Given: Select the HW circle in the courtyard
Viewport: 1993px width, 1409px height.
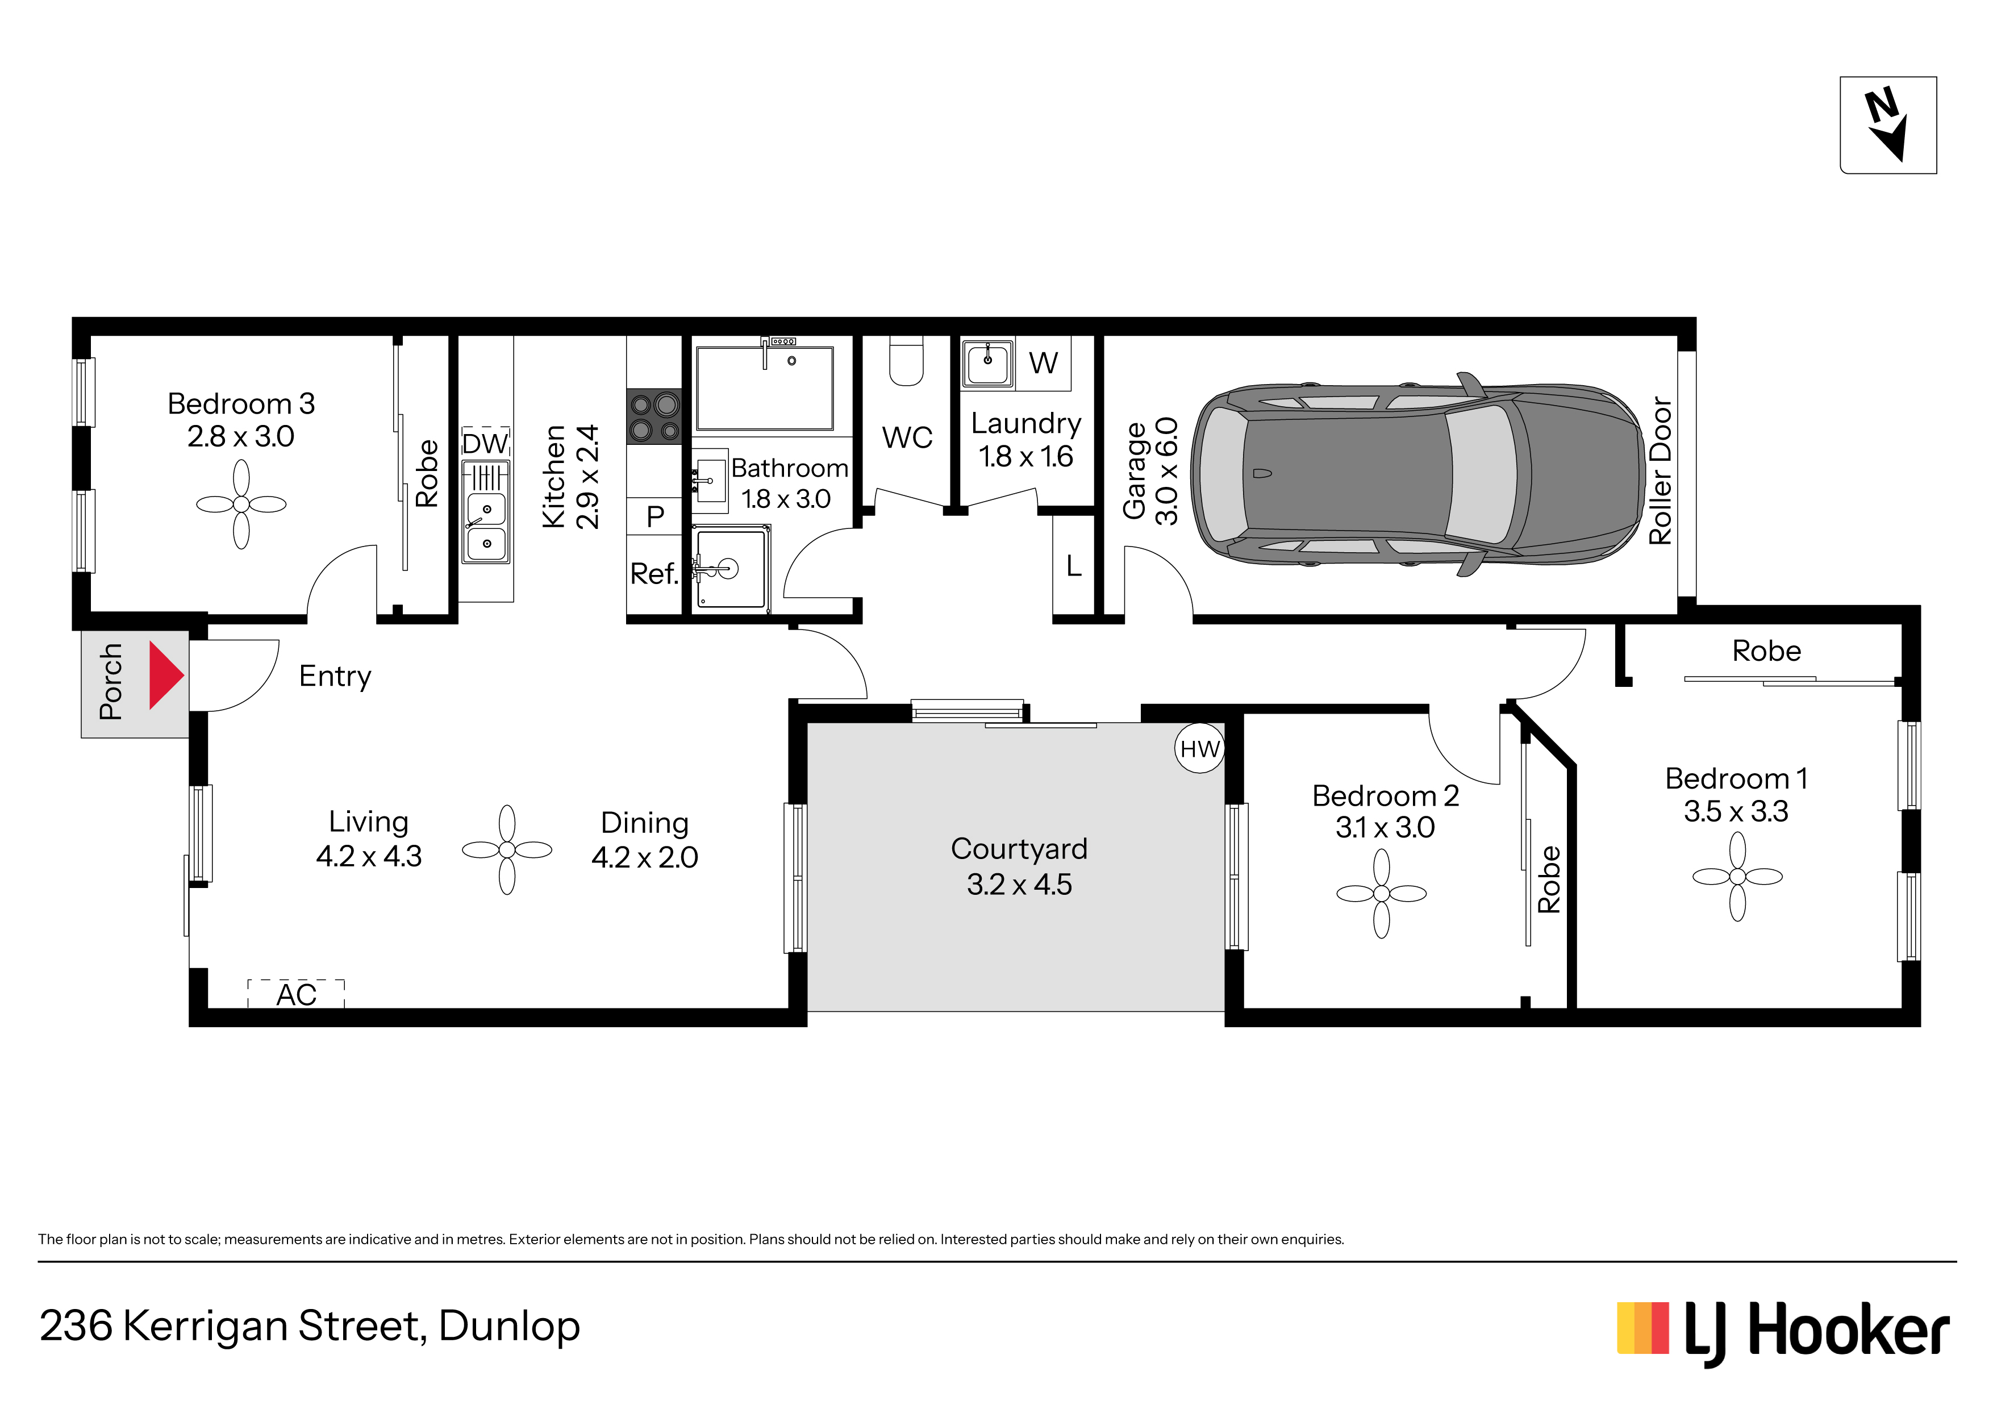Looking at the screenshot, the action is pyautogui.click(x=1200, y=748).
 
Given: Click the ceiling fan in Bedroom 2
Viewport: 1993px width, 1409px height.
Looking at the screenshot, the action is pyautogui.click(x=1381, y=893).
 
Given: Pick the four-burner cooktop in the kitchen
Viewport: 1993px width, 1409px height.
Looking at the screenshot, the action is pyautogui.click(x=653, y=416).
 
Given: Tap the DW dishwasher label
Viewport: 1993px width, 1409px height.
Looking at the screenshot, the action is pyautogui.click(x=485, y=444).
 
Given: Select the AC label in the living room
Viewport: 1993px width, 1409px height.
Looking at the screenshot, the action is pyautogui.click(x=296, y=995).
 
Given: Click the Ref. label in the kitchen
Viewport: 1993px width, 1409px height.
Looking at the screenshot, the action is pyautogui.click(x=653, y=574).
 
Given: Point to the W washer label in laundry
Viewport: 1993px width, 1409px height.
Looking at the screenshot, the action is pyautogui.click(x=1044, y=363).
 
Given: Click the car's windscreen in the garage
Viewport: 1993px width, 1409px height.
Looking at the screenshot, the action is pyautogui.click(x=1481, y=474).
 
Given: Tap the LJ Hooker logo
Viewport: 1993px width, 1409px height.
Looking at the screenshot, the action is pyautogui.click(x=1783, y=1331).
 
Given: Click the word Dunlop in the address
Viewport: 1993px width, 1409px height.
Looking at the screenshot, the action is pyautogui.click(x=510, y=1325).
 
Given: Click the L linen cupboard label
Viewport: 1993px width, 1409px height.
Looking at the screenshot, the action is pyautogui.click(x=1074, y=566).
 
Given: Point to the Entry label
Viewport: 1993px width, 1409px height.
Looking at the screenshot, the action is pyautogui.click(x=335, y=676).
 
